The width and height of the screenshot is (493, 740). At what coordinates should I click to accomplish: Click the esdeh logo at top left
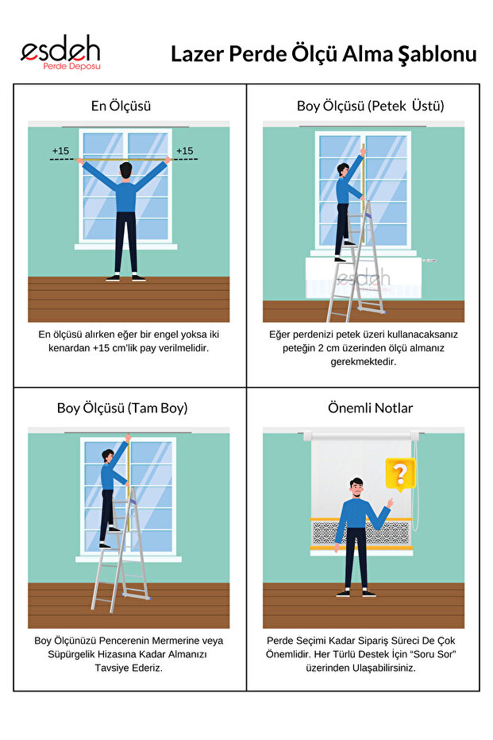[60, 52]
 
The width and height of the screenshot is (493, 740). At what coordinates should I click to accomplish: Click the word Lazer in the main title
[198, 54]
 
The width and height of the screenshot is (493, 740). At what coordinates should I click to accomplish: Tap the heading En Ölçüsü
[121, 106]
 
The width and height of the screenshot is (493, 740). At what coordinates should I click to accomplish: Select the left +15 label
[60, 151]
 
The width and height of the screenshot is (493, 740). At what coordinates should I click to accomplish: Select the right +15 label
[185, 151]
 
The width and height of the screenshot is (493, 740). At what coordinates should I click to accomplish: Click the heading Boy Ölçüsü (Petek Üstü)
[371, 106]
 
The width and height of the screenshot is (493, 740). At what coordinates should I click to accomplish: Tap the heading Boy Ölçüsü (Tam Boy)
[122, 408]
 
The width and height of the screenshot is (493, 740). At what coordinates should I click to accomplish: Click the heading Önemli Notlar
[371, 408]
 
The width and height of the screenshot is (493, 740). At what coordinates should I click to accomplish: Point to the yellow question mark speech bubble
[400, 475]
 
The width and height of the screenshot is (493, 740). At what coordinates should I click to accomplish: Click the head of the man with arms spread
[125, 171]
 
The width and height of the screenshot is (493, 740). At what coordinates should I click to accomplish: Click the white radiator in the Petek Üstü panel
[364, 277]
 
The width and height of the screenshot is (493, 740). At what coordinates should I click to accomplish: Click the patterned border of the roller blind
[361, 533]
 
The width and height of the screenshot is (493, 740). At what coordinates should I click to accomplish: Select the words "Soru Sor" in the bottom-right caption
[435, 654]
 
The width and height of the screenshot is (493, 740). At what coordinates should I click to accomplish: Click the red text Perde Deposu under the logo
[71, 67]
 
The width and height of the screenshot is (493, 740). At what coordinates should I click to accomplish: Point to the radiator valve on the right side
[429, 261]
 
